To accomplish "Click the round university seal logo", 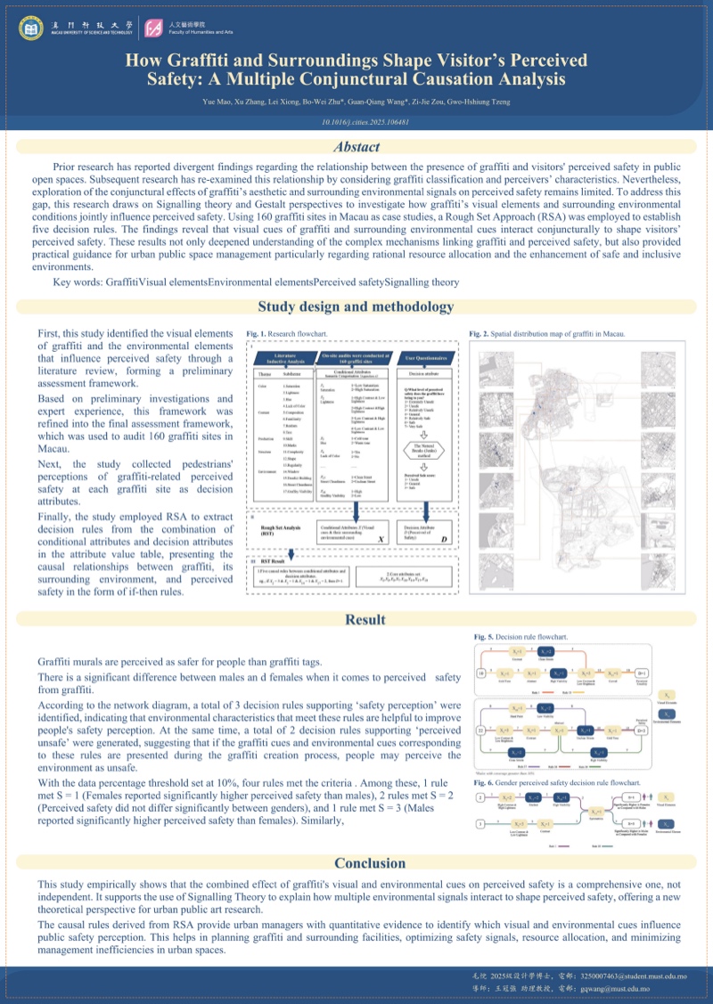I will click(x=30, y=29).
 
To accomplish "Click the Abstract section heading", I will click(x=356, y=147).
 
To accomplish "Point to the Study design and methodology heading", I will click(x=356, y=306).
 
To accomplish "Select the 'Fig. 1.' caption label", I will click(x=257, y=335).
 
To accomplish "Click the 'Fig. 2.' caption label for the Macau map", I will click(x=479, y=334).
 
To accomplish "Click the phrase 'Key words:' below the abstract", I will click(x=78, y=282).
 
